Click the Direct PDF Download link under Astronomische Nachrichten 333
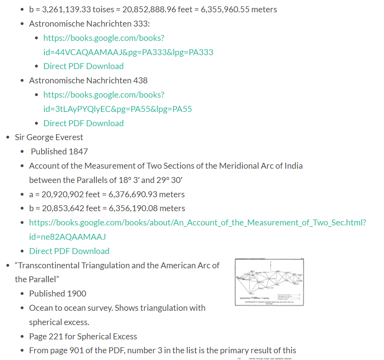(84, 66)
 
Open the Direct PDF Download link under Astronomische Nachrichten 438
(84, 123)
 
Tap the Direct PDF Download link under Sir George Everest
(69, 251)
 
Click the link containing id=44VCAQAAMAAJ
(128, 52)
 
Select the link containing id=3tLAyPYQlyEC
(117, 109)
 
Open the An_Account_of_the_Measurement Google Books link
(197, 223)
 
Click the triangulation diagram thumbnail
(269, 282)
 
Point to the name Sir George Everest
(49, 137)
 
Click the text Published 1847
(59, 152)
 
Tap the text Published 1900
(58, 294)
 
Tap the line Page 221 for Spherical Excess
(83, 337)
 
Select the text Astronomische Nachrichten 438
(88, 81)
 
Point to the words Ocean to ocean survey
(70, 308)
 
